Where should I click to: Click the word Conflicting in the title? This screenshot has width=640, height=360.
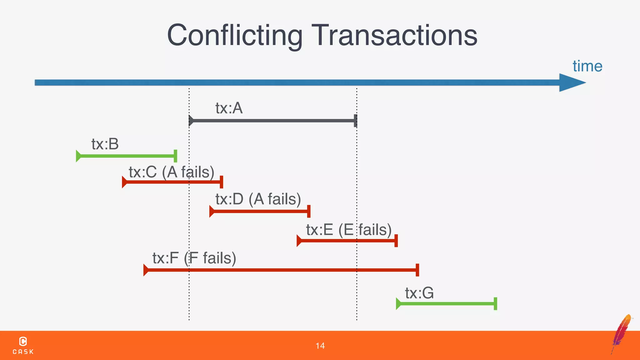[235, 35]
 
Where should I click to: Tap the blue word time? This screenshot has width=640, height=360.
[587, 66]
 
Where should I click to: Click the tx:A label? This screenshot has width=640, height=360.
[229, 108]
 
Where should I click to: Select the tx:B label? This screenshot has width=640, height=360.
[105, 144]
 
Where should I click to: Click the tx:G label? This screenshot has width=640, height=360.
[419, 293]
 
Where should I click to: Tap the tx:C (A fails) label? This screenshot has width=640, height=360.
[172, 172]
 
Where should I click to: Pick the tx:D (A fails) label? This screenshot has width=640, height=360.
[258, 199]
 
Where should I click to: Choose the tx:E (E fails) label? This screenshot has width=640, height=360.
[349, 230]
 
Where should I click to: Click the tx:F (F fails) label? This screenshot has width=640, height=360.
[194, 258]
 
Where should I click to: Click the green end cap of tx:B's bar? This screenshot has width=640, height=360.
[175, 156]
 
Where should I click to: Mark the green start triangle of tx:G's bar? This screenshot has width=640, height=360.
[398, 304]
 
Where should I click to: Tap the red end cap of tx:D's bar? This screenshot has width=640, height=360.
[309, 211]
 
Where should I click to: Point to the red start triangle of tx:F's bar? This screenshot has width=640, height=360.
[146, 270]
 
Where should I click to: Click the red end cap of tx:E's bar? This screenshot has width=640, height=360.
[396, 241]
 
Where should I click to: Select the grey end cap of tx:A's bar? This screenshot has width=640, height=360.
[355, 121]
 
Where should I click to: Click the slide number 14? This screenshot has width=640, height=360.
[320, 346]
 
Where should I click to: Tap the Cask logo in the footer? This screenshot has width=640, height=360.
[23, 345]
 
